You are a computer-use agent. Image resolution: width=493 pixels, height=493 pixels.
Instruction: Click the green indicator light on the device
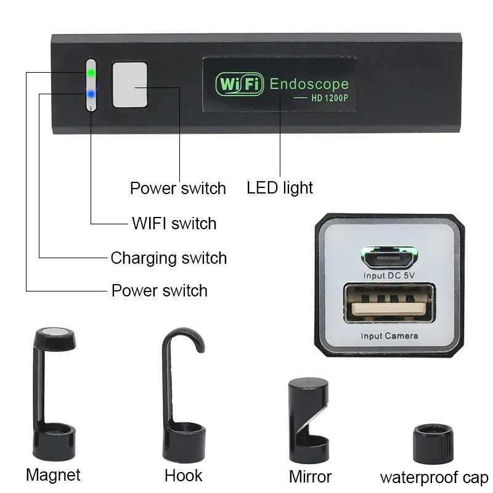[x=91, y=73]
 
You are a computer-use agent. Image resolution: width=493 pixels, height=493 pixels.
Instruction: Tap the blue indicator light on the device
[x=91, y=94]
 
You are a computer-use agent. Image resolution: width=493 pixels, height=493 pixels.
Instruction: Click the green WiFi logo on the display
[x=239, y=84]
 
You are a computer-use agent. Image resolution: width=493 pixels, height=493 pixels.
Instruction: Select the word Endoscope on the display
[x=309, y=84]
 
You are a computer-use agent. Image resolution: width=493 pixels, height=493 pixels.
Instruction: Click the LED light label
[x=280, y=188]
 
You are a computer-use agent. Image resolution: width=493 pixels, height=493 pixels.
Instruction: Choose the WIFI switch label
[x=174, y=223]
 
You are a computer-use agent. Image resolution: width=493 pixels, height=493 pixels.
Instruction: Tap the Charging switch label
[x=168, y=258]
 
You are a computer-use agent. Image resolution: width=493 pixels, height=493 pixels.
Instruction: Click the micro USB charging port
[x=389, y=256]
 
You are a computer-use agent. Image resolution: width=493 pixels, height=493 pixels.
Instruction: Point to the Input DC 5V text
[x=389, y=275]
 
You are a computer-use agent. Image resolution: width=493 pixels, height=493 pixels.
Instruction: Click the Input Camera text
[x=389, y=336]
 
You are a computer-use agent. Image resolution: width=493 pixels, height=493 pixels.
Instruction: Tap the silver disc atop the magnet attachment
[x=56, y=333]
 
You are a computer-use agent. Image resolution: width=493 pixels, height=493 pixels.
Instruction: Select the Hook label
[x=183, y=476]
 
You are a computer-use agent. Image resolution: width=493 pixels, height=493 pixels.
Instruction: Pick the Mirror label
[x=310, y=476]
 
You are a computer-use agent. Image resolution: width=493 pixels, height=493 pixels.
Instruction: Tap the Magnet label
[x=53, y=475]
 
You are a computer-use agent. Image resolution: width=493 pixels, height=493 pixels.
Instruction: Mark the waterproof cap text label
[x=434, y=477]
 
